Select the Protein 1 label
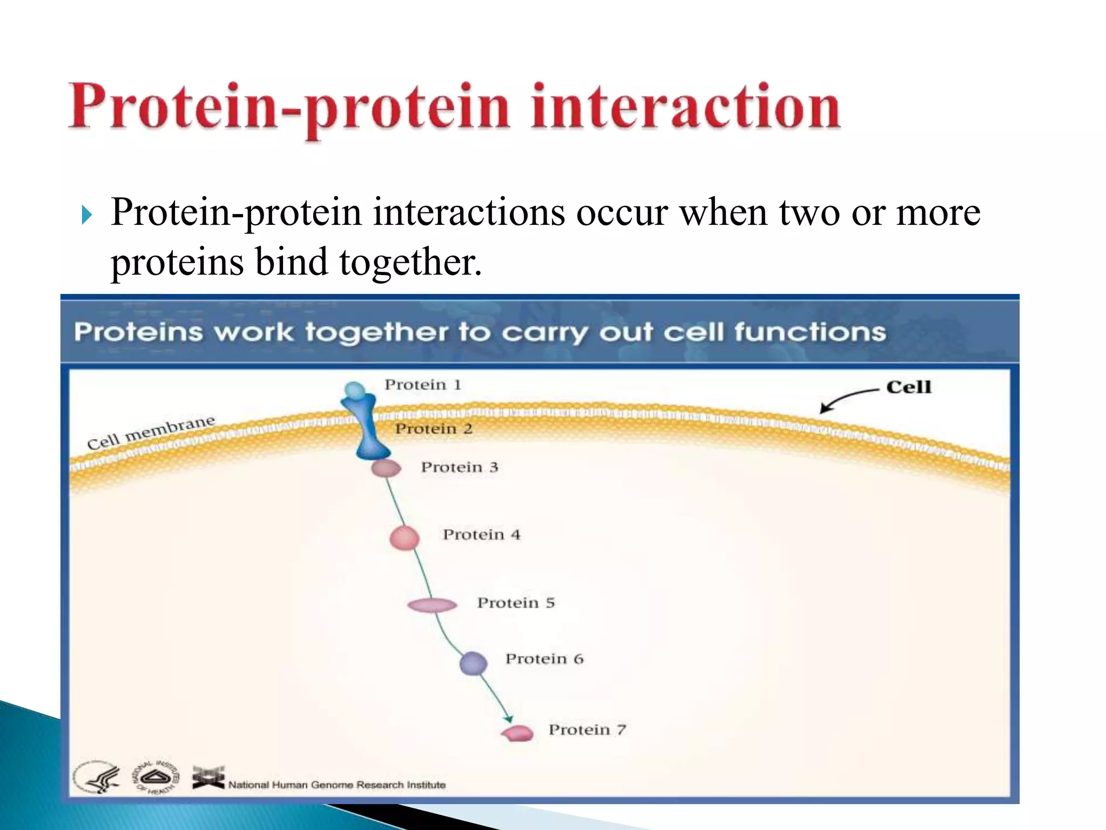point(423,385)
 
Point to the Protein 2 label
point(434,429)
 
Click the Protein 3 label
point(460,467)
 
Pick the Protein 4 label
point(482,535)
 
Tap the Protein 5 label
point(516,603)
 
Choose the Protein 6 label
point(544,659)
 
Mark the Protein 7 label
point(587,730)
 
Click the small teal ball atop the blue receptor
point(354,390)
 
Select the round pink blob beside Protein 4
point(404,538)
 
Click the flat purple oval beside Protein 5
point(432,605)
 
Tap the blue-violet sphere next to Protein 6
point(473,664)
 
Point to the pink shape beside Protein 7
point(517,733)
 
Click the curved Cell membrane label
point(151,432)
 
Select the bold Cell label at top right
point(908,387)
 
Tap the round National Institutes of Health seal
point(156,778)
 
